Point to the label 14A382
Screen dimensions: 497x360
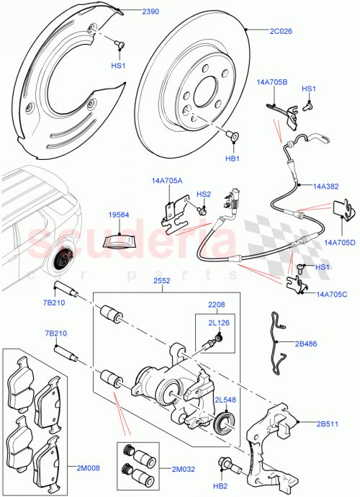tap(326, 185)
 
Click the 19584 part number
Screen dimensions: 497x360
tap(120, 214)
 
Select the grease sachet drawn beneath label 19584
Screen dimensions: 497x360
tap(120, 238)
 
